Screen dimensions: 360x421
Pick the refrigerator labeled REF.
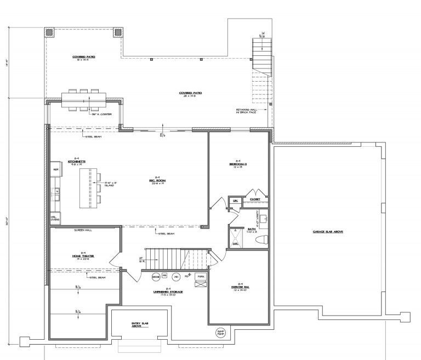56,170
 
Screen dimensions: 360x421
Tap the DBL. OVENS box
55,218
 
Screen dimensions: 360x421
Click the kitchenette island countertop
87,188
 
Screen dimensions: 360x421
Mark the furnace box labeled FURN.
201,277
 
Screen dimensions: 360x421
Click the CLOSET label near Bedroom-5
255,199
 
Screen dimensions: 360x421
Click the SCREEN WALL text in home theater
82,231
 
